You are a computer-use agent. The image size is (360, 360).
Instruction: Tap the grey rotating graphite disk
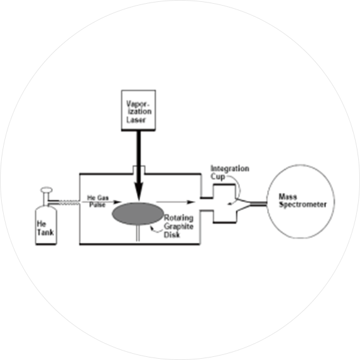pos(138,214)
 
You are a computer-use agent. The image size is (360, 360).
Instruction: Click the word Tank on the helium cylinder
pos(45,232)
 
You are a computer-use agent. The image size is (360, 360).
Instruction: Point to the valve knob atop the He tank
pos(46,190)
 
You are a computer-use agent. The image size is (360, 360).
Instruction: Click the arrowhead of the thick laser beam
pos(139,192)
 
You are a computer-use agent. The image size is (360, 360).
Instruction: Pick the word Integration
pos(230,169)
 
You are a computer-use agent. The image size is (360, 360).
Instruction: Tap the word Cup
pos(217,177)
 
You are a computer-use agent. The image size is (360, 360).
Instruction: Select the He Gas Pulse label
pos(97,201)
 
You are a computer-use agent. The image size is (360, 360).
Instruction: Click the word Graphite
pos(178,227)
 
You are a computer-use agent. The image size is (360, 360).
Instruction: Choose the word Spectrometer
pos(303,205)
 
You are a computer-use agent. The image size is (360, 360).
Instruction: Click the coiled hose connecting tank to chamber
pos(69,202)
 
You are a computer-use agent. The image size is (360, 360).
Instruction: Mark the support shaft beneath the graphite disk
pos(138,233)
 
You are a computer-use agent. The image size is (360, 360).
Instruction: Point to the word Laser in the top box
pos(136,120)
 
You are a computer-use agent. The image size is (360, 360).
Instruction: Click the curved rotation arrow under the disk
pos(156,230)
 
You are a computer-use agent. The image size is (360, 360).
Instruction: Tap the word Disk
pos(172,235)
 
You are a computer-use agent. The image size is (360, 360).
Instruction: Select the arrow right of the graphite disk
pos(176,202)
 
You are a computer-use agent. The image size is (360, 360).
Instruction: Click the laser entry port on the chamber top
pos(139,170)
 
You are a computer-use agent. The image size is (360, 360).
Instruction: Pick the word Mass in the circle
pos(288,197)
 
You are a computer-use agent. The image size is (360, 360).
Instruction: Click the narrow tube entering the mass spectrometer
pos(258,204)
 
